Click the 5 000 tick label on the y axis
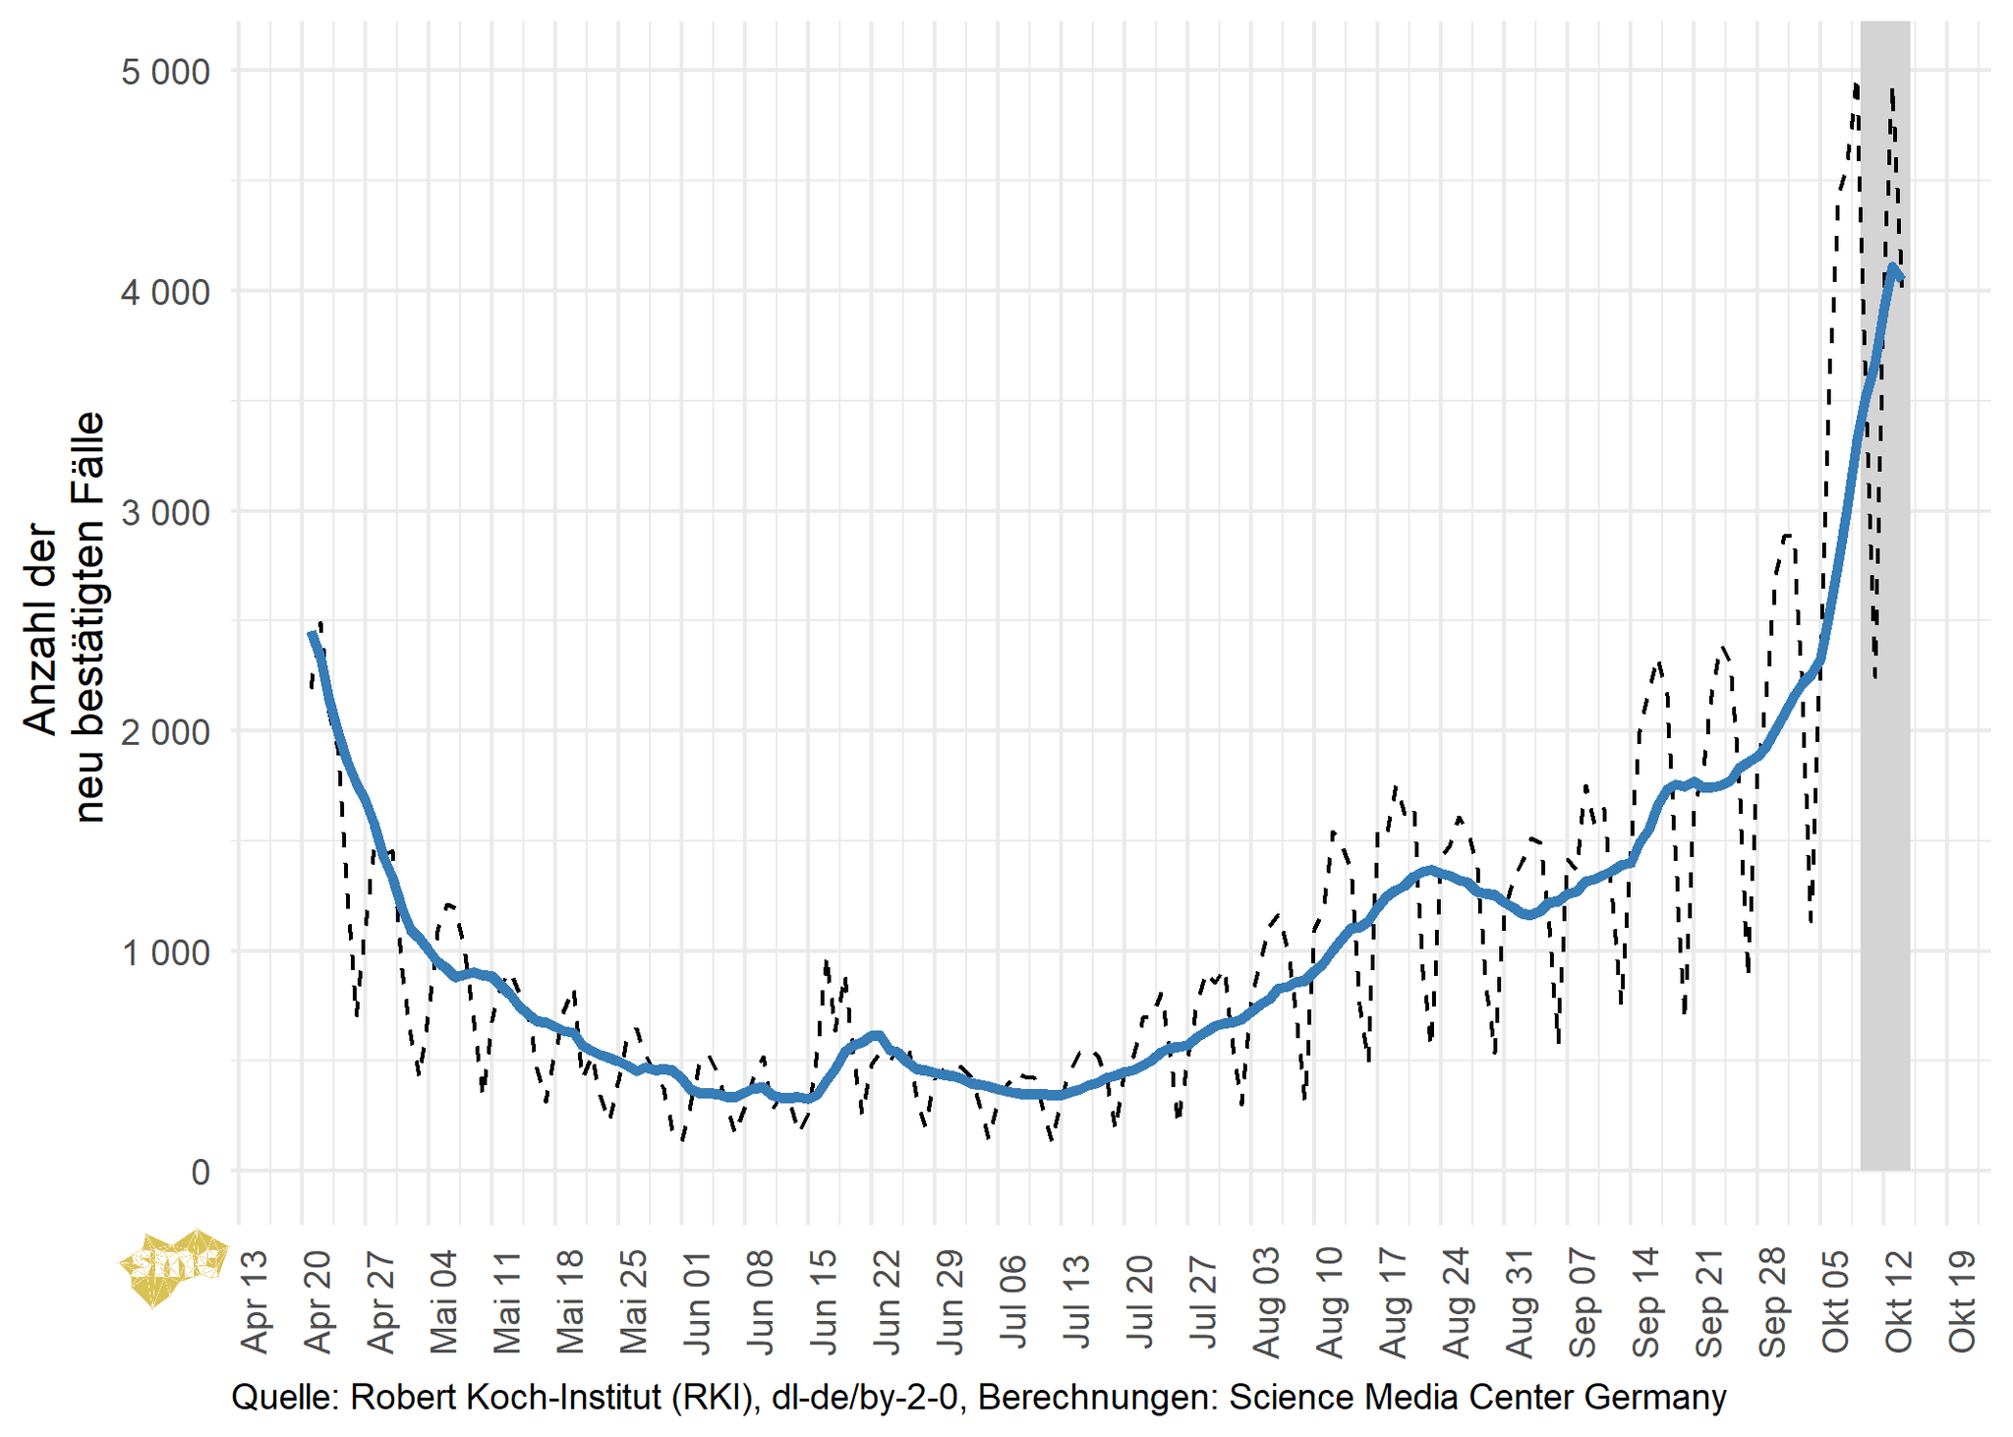(x=165, y=73)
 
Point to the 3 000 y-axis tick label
(x=165, y=512)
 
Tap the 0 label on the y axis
(x=201, y=1172)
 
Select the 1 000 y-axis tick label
(x=165, y=952)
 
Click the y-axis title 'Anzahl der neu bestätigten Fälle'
(x=63, y=616)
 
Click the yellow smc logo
(x=172, y=1267)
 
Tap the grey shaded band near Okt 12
(x=1884, y=688)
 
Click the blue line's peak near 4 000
(x=1892, y=267)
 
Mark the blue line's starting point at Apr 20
(x=312, y=635)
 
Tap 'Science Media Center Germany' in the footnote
(x=1477, y=1397)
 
